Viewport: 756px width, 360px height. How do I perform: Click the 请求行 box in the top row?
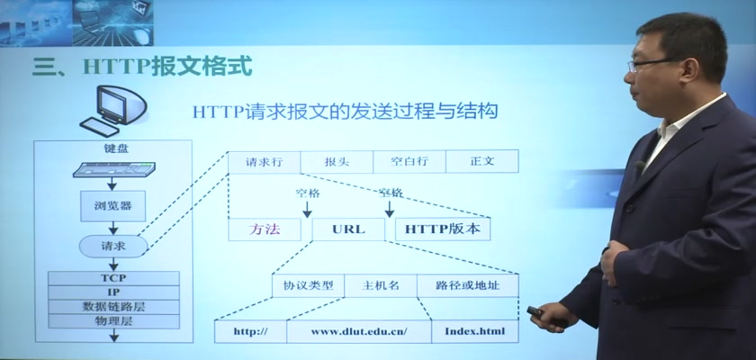265,161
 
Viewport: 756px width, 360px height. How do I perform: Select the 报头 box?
337,161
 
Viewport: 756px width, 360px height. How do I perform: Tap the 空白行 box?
409,161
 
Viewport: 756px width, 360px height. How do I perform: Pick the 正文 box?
482,161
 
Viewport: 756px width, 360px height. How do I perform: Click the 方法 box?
265,229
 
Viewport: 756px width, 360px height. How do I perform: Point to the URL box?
348,229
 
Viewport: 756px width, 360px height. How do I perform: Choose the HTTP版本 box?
443,229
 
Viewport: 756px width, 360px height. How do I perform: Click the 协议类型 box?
309,286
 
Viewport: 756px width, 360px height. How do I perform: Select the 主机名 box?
381,286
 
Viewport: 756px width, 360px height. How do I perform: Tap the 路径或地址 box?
468,286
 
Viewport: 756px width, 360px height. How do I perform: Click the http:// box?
251,331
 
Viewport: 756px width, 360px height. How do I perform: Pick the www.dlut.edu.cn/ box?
359,331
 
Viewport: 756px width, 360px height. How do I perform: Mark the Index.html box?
475,331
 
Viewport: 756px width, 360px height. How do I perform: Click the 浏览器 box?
112,206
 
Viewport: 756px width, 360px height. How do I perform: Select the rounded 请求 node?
113,247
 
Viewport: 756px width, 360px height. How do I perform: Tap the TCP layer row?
113,278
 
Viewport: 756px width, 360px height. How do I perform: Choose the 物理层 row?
113,321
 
